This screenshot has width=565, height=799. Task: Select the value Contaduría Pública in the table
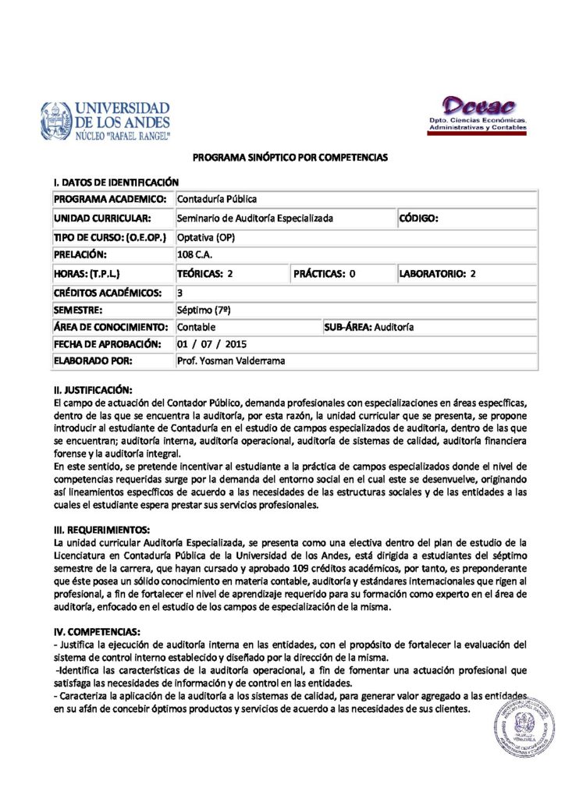[216, 200]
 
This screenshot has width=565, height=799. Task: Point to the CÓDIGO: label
[418, 218]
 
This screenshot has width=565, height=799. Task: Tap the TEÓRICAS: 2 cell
[205, 273]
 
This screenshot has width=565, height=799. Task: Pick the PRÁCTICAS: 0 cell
[325, 273]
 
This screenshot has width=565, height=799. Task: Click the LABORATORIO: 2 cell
[437, 273]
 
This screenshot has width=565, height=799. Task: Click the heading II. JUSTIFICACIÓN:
[93, 389]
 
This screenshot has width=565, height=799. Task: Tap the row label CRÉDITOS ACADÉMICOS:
[108, 292]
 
